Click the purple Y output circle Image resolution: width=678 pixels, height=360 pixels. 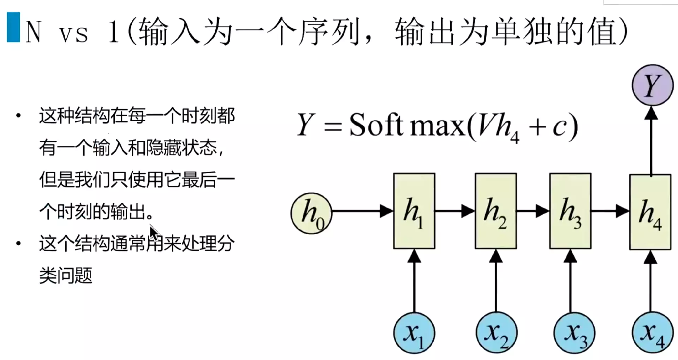(652, 85)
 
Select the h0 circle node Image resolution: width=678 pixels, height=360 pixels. (311, 213)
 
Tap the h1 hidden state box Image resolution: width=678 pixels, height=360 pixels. (414, 211)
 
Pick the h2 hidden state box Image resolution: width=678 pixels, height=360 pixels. (495, 211)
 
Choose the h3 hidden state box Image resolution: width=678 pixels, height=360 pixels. (570, 211)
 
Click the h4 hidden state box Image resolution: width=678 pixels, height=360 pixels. (650, 212)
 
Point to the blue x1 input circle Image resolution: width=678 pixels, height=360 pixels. (414, 333)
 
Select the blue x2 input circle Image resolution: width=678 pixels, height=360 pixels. (496, 333)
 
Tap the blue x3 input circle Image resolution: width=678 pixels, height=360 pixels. (575, 333)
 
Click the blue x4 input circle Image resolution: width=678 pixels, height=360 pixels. (652, 333)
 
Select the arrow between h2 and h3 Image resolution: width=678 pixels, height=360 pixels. (533, 211)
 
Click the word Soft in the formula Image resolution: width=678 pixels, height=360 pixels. (376, 125)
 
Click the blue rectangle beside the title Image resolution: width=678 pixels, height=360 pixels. (13, 28)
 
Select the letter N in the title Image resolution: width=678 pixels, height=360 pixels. (34, 32)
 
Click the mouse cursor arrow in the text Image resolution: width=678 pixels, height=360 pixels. (154, 233)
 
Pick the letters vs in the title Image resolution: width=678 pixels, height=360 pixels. (73, 35)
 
